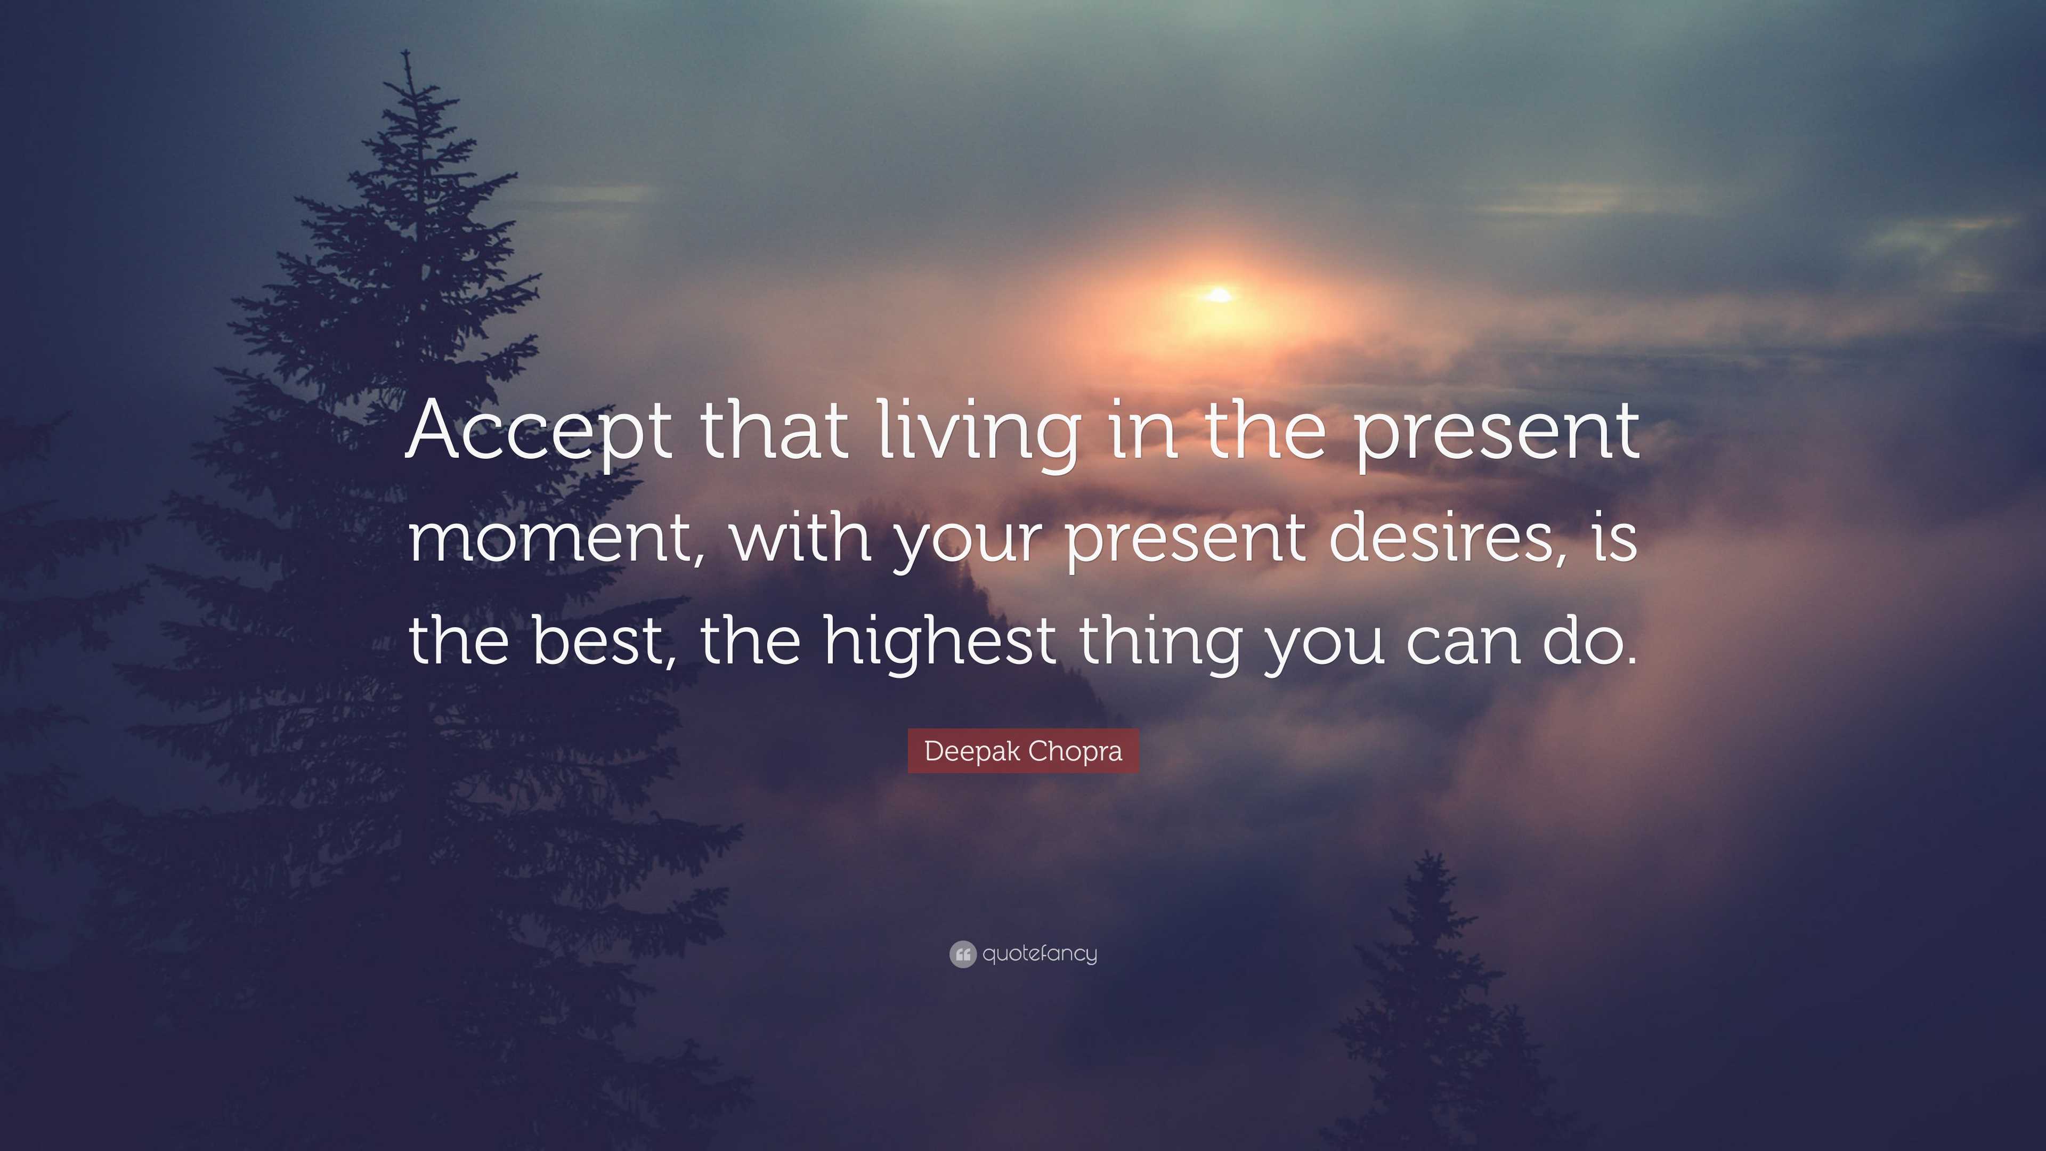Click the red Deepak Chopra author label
coord(1023,751)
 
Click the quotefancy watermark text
coord(1040,953)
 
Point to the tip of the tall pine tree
coord(407,51)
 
